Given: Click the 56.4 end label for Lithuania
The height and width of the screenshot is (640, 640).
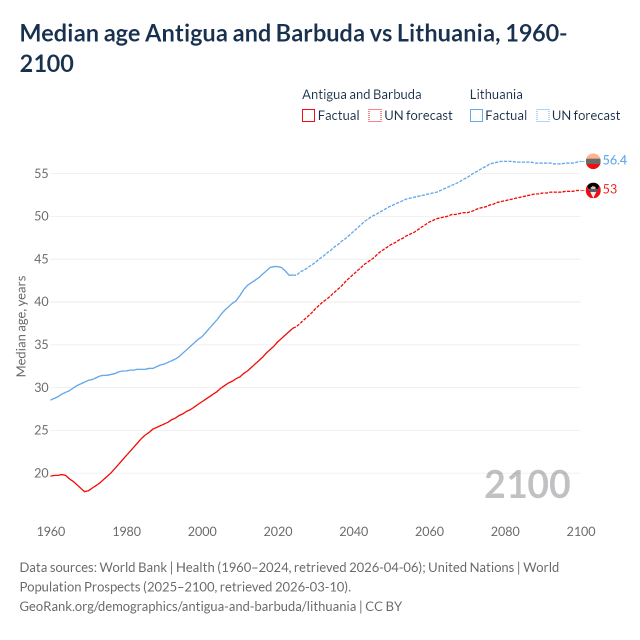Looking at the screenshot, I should click(x=614, y=160).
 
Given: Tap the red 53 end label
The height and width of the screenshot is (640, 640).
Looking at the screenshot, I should click(x=610, y=189).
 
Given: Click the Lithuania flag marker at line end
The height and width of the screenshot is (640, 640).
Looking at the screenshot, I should click(x=593, y=161).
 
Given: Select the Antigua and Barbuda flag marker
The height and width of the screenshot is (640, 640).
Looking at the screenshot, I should click(x=593, y=190).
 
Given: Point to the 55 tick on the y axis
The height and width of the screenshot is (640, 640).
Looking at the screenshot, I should click(x=41, y=174).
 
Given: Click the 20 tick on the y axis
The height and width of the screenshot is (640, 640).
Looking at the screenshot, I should click(x=41, y=473).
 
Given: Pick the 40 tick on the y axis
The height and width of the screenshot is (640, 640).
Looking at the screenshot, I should click(x=41, y=302).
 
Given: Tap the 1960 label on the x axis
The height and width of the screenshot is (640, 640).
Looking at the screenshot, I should click(x=51, y=531).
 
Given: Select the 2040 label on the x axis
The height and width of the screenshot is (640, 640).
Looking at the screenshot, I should click(x=353, y=531).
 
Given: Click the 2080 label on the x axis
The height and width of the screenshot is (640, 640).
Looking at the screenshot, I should click(x=505, y=531).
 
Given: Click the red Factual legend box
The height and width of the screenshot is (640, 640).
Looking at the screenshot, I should click(x=308, y=116).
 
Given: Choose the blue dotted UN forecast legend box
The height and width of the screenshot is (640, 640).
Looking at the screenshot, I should click(x=543, y=116).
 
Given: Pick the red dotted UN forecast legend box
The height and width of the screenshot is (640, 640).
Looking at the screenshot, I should click(x=375, y=116).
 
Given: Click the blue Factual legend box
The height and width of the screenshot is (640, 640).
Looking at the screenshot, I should click(x=476, y=116).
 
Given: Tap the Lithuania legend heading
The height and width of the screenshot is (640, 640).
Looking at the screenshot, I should click(x=496, y=94).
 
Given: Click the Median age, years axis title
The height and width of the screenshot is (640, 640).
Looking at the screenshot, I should click(x=21, y=326).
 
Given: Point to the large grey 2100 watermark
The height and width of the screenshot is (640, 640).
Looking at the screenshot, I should click(x=527, y=484).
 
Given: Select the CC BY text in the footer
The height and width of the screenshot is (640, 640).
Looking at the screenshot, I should click(x=383, y=606).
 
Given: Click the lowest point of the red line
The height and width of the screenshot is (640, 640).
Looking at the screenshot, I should click(x=85, y=491).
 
